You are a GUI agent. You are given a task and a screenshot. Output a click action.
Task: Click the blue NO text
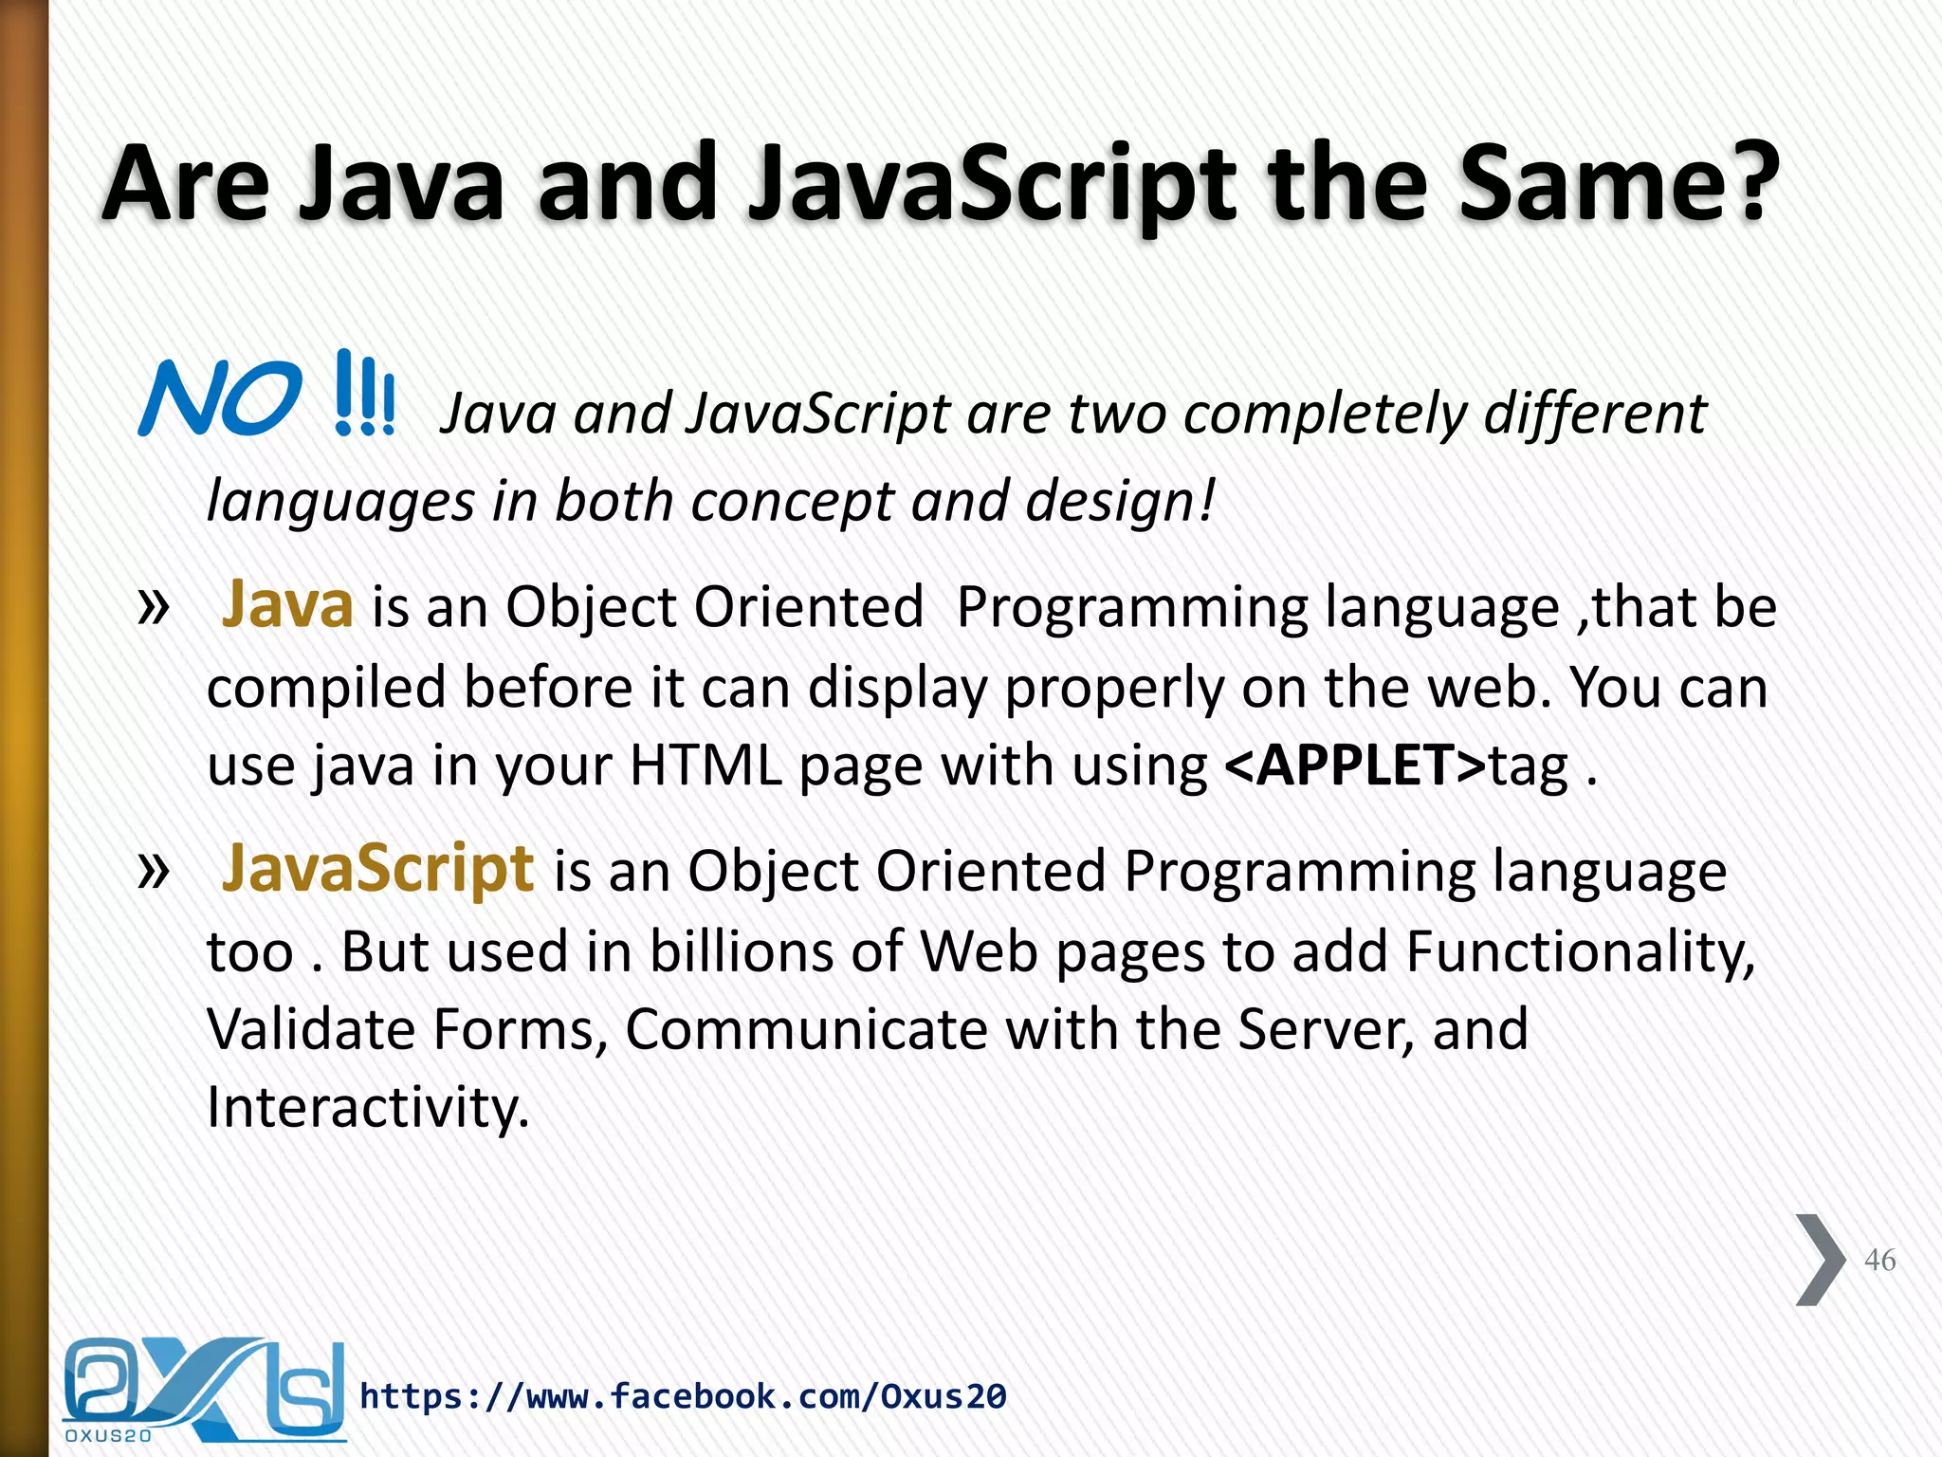(x=220, y=398)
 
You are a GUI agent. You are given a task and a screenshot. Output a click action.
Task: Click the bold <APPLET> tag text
(x=1355, y=765)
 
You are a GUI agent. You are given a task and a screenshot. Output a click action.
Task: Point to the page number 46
(x=1879, y=1260)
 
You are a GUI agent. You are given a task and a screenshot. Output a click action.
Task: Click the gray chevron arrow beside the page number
(x=1820, y=1260)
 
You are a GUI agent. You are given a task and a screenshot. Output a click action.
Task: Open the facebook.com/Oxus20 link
(x=683, y=1396)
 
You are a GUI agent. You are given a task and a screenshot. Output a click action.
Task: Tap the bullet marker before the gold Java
(x=154, y=607)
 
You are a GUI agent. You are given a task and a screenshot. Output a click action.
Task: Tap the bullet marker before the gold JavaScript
(x=154, y=870)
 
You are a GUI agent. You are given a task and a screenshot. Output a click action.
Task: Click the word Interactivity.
(x=368, y=1106)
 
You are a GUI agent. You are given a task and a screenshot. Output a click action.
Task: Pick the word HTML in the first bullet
(x=705, y=765)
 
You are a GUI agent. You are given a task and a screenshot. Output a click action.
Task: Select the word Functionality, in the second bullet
(x=1580, y=950)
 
